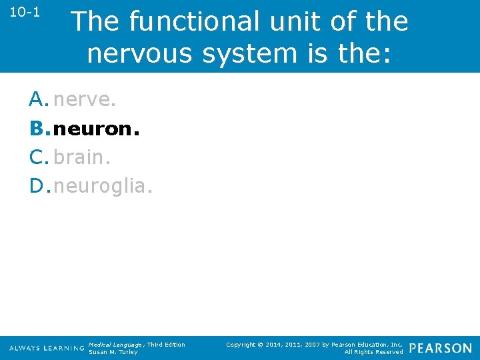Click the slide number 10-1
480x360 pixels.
coord(24,13)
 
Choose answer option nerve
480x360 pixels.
coord(85,100)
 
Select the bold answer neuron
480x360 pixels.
coord(96,129)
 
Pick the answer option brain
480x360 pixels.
coord(81,157)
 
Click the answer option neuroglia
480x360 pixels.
coord(103,186)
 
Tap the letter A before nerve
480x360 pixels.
coord(37,100)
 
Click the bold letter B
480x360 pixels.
coord(37,129)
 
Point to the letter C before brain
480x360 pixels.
coord(37,157)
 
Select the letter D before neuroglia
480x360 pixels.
coord(37,186)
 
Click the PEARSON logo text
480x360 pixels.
coord(440,348)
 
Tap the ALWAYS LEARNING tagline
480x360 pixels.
coord(47,349)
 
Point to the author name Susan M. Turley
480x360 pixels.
coord(113,352)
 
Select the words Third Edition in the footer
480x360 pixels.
coord(166,344)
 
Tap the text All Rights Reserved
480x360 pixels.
coord(373,352)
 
